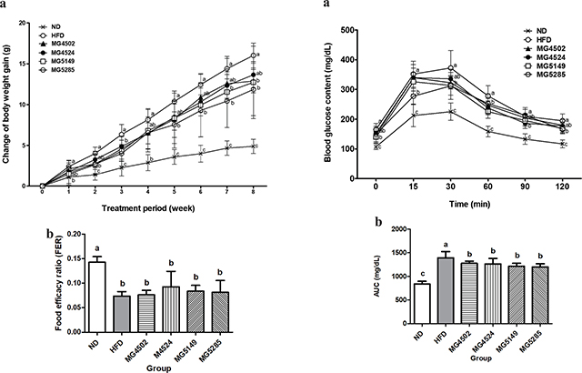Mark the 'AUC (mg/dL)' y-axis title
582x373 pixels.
click(361, 277)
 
